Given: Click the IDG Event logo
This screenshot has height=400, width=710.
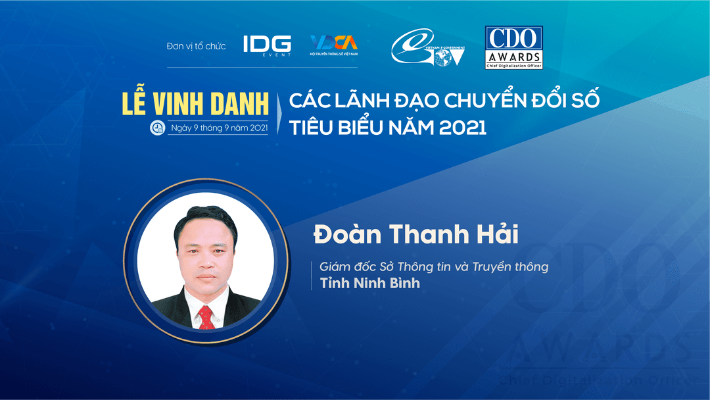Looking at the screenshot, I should [266, 45].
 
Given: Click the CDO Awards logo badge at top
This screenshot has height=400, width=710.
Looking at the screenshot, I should [513, 47].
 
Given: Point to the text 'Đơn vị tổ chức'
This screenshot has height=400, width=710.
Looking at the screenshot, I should [196, 46].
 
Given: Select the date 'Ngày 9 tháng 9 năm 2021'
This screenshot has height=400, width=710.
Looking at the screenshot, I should [217, 128].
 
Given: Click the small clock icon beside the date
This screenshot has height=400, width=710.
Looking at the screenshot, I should [158, 128].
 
